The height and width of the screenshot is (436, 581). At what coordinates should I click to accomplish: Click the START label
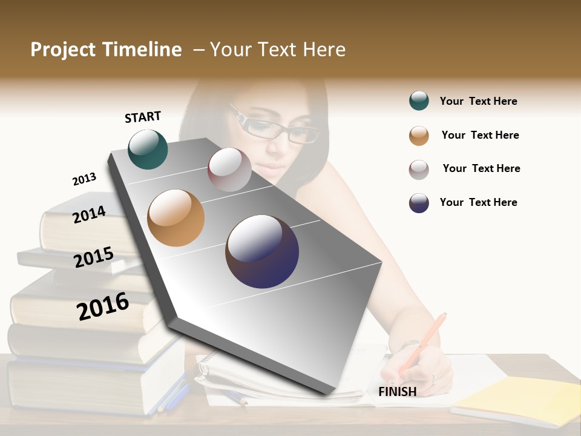tap(143, 117)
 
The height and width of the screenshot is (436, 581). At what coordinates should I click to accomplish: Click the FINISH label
tap(397, 392)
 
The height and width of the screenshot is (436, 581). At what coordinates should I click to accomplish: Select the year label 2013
tap(84, 179)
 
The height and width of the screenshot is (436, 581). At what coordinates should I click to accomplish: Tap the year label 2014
tap(89, 214)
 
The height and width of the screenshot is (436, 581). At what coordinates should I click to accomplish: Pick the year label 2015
tap(93, 257)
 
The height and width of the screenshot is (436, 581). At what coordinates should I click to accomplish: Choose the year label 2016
tap(103, 306)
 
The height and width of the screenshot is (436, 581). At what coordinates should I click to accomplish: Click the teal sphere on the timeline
tap(148, 149)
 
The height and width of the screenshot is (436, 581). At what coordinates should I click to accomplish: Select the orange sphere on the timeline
tap(176, 217)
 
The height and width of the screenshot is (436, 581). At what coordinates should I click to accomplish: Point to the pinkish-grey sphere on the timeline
tap(229, 170)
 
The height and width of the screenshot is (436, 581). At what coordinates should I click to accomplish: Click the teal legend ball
tap(419, 101)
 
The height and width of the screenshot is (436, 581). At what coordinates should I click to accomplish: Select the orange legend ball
tap(419, 136)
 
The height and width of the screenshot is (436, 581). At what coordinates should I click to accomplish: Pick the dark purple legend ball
tap(419, 203)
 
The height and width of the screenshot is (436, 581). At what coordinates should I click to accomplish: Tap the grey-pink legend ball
tap(419, 170)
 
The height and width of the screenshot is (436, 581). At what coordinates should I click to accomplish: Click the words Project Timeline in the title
tap(106, 50)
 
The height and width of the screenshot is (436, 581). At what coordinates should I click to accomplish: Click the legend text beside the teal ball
tap(478, 102)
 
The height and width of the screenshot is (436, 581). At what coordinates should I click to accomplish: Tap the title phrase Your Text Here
tap(278, 50)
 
